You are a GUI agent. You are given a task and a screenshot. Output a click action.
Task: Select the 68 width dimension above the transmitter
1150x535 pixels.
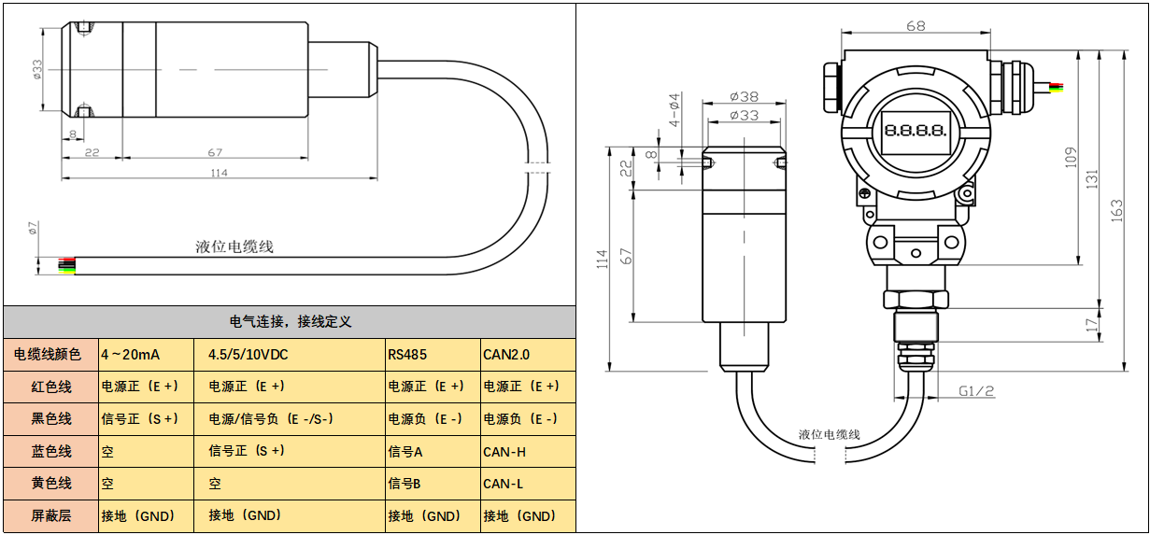tap(916, 26)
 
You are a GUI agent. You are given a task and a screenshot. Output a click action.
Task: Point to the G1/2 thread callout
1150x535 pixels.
tap(975, 392)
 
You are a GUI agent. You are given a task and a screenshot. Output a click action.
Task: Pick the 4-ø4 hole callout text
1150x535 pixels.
tap(674, 110)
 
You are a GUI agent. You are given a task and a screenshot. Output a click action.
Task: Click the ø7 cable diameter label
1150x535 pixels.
tap(31, 230)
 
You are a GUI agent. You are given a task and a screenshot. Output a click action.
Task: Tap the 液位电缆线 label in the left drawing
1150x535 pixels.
tap(234, 247)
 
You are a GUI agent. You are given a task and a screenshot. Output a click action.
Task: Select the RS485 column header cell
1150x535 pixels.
tap(408, 355)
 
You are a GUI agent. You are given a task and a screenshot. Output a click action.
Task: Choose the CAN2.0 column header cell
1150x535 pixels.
tap(506, 355)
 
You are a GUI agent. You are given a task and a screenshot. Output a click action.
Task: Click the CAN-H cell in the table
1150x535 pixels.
tap(504, 452)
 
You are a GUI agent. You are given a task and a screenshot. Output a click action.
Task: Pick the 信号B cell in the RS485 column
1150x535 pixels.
tap(405, 484)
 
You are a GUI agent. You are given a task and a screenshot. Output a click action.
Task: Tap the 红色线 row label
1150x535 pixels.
tap(51, 387)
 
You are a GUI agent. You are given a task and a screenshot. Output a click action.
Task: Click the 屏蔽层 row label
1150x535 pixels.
tap(51, 515)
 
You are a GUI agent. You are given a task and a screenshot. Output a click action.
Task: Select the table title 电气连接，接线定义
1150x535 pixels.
tap(290, 321)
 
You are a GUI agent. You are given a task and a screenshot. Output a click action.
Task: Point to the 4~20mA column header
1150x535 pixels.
tap(131, 355)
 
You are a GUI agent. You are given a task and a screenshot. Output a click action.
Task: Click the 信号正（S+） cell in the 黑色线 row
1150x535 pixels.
tap(140, 418)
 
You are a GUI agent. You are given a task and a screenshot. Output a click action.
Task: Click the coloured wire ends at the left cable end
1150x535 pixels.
tap(66, 266)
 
